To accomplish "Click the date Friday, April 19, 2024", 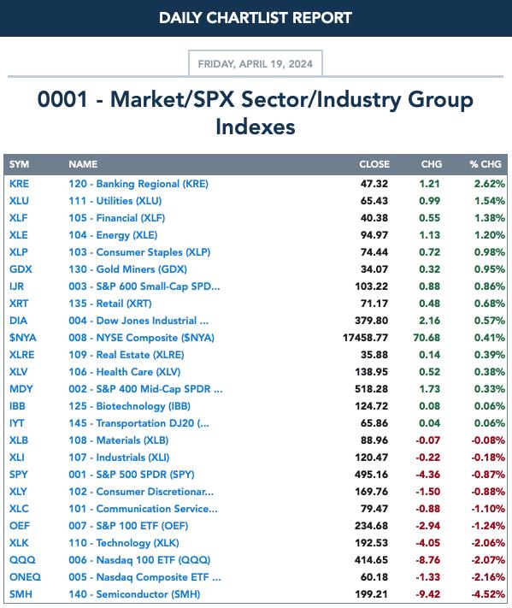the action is (255, 63).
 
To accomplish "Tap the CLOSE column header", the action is (374, 164).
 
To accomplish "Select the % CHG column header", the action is (486, 164).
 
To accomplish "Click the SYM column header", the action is (19, 164).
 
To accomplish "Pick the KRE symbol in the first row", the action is (19, 184).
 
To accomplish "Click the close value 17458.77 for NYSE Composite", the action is (365, 338).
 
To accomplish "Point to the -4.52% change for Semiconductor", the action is (488, 594).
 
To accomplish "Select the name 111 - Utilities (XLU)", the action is (115, 201).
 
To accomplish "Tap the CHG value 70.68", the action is (427, 338).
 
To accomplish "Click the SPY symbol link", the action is (19, 475).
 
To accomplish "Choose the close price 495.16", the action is (371, 475).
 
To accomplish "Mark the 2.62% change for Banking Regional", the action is (490, 184).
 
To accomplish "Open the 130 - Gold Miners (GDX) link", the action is (128, 269).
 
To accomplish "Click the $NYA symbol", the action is (23, 338).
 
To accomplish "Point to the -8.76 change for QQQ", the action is (428, 560).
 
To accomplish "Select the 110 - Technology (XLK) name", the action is (124, 543).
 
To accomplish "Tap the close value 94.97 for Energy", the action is (374, 235).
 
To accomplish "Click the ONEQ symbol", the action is (25, 577).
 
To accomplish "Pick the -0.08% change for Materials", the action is (488, 440).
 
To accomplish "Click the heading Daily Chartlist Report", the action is (256, 18).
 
